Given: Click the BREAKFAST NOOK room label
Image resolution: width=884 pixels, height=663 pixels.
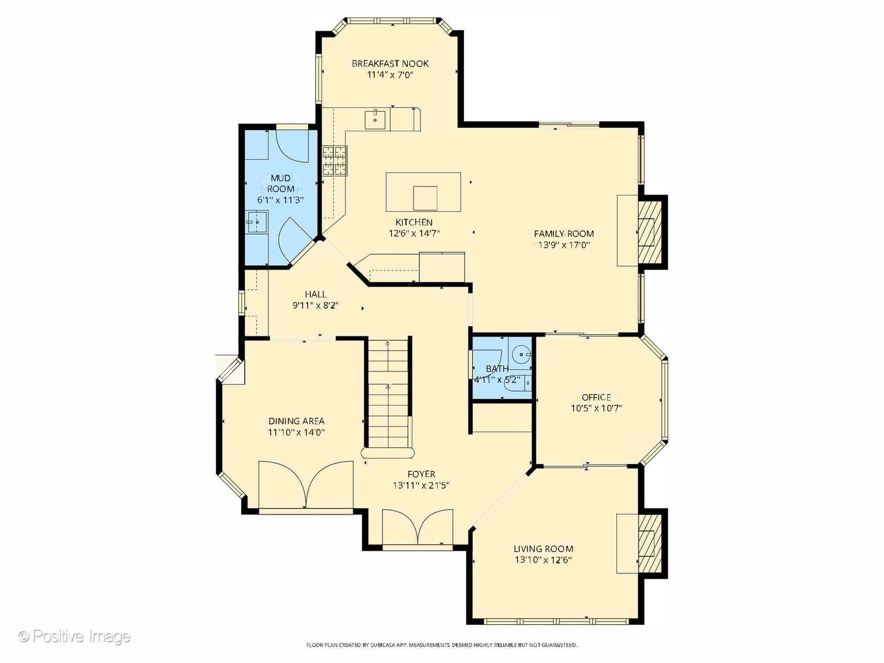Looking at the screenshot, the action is click(390, 64).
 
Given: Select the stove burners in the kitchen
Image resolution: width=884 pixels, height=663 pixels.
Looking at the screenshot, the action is click(335, 161).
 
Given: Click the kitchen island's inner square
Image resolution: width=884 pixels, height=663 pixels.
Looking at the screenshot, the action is click(425, 198).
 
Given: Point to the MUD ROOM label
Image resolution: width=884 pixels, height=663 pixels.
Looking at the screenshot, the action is click(281, 184).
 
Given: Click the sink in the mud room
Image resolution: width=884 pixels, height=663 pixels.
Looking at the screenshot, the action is click(257, 222).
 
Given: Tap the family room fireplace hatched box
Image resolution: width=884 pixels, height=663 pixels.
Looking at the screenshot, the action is click(649, 232).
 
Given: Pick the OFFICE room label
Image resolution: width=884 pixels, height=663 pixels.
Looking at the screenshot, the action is click(596, 397).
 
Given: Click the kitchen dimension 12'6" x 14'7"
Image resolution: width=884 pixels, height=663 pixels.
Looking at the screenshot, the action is click(414, 233).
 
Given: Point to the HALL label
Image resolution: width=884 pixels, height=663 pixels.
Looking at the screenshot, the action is click(316, 294).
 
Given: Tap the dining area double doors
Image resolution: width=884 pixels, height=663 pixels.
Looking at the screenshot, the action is click(306, 485).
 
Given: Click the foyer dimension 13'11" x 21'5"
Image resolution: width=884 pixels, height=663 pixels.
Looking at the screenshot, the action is click(421, 486).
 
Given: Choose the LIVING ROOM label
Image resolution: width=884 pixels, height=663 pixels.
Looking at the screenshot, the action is click(543, 549).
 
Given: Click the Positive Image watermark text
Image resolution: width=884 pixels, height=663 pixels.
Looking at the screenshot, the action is click(75, 637).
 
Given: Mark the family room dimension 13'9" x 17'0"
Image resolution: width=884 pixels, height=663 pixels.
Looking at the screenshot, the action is click(564, 245).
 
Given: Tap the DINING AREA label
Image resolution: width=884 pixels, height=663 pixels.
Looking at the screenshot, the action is click(297, 421).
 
